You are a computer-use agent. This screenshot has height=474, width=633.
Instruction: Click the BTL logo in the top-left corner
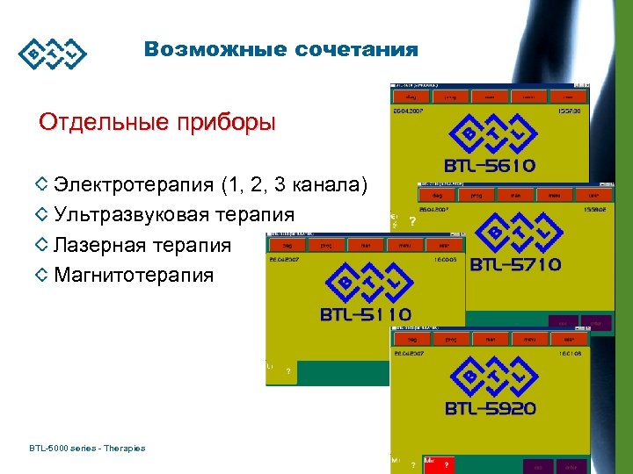(x=54, y=54)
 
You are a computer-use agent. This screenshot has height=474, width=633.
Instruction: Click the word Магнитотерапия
(x=134, y=276)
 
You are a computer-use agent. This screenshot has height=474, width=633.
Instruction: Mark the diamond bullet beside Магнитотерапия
(x=40, y=276)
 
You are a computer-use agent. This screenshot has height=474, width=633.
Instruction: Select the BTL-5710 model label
(x=516, y=263)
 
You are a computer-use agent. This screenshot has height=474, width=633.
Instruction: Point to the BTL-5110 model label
(x=366, y=314)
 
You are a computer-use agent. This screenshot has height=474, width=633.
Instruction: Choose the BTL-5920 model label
(x=491, y=407)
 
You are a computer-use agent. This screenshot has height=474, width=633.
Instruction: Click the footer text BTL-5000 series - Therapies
(x=87, y=449)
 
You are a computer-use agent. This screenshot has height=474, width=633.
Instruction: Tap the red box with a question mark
(x=445, y=464)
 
